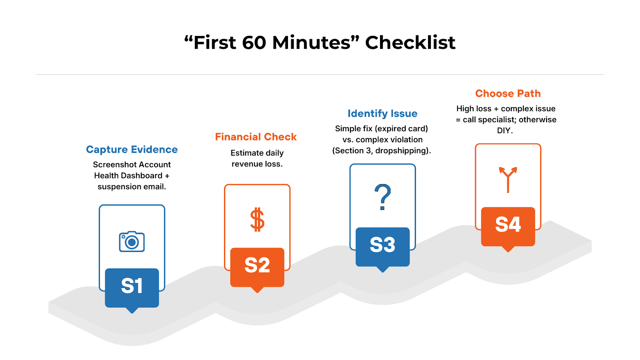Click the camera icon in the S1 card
(x=132, y=242)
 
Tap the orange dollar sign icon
(x=257, y=220)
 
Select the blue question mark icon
(x=383, y=197)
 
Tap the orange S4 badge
(x=508, y=225)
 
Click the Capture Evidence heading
(x=132, y=150)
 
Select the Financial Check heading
(x=256, y=137)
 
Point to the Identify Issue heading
(x=382, y=114)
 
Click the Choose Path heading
(x=508, y=94)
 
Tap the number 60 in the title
(x=254, y=43)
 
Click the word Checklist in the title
(x=410, y=43)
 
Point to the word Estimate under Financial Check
(x=247, y=153)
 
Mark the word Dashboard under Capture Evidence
(x=143, y=176)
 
